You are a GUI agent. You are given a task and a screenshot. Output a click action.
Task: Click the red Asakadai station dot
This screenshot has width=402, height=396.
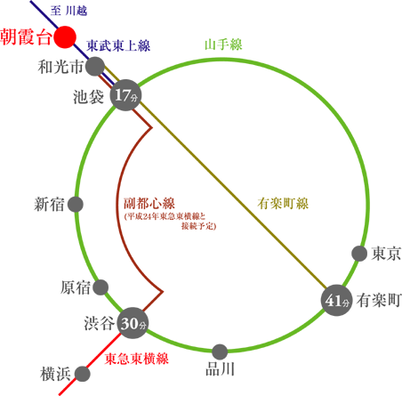[65, 37]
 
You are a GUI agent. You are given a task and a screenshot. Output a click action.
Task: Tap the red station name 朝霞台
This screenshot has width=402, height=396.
[26, 37]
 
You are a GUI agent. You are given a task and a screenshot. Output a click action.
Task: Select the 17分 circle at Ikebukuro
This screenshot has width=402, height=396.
[125, 95]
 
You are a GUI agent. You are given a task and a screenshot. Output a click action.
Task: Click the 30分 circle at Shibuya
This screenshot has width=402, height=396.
[133, 323]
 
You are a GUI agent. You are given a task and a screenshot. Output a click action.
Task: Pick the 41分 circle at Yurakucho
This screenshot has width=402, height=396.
[337, 300]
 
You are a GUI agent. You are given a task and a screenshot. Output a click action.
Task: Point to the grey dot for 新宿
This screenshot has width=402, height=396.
[76, 205]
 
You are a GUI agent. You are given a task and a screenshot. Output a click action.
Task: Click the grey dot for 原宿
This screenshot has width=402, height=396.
[100, 287]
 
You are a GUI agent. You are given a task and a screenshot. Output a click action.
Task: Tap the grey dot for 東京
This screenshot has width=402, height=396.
[359, 254]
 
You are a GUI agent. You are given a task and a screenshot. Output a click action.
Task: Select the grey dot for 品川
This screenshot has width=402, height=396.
[220, 352]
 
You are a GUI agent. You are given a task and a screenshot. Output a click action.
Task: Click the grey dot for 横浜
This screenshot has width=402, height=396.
[82, 374]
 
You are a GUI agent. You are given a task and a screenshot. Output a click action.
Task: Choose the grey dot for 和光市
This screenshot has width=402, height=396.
[95, 67]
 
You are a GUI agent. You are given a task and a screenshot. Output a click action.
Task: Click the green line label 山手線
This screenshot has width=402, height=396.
[223, 44]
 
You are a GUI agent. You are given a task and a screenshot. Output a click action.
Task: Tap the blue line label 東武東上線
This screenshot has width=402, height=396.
[118, 45]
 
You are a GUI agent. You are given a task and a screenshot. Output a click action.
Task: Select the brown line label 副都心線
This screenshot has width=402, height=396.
[149, 204]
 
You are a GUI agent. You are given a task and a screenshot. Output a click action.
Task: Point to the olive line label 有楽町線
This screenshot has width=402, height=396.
[283, 204]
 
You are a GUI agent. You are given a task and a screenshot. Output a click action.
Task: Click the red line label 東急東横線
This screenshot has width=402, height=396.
[137, 359]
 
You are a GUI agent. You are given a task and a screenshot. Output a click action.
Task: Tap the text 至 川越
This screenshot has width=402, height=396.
[68, 11]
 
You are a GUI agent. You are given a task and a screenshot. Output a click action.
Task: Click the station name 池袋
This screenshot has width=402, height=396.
[89, 97]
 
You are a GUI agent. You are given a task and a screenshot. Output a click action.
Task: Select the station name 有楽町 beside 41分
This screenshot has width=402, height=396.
[379, 300]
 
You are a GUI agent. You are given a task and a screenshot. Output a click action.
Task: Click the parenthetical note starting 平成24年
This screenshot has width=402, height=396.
[171, 222]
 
